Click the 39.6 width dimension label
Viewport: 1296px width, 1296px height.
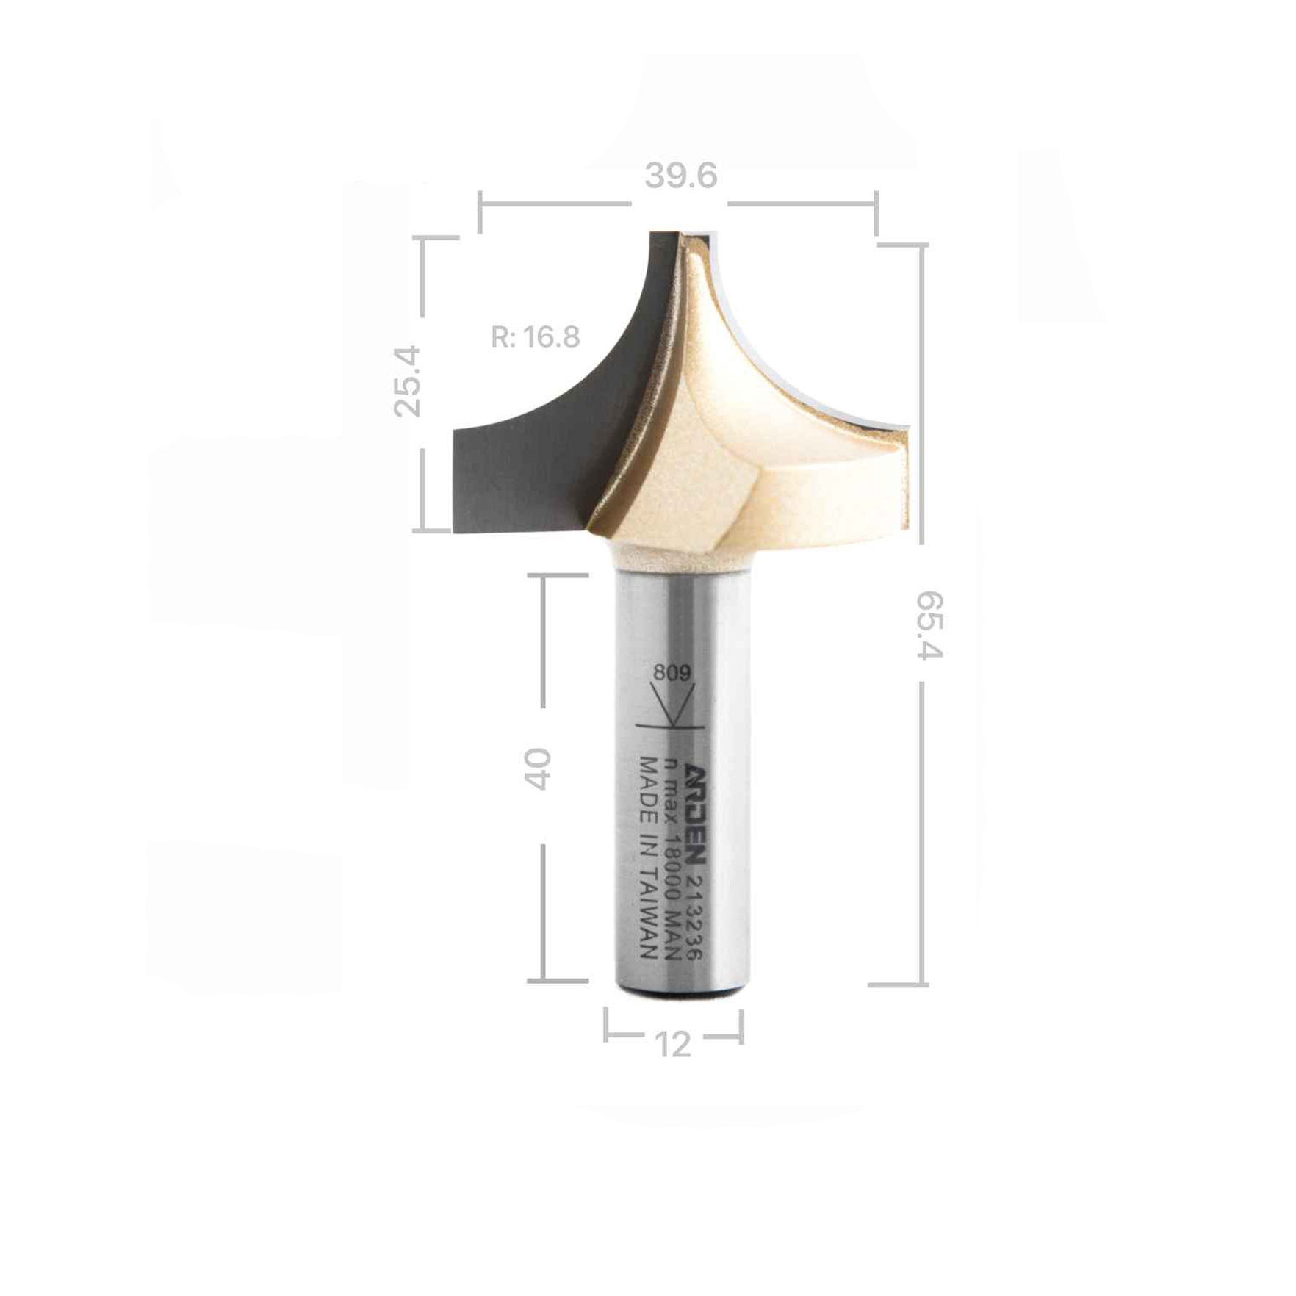tap(681, 176)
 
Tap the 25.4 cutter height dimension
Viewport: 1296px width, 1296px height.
tap(408, 382)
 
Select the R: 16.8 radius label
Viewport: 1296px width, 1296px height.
tap(536, 337)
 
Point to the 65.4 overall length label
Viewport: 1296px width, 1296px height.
tap(929, 625)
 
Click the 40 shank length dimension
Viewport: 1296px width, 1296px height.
tap(538, 768)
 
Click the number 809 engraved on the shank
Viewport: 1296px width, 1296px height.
tap(672, 672)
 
